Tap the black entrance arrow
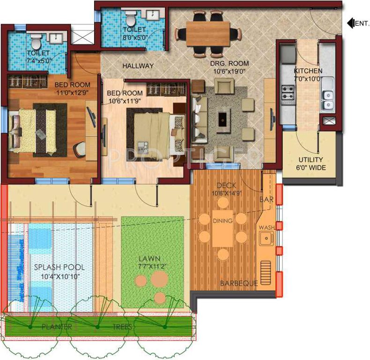(x=350, y=22)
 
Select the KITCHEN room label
(x=308, y=71)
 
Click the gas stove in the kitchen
(x=287, y=93)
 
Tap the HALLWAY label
(x=138, y=66)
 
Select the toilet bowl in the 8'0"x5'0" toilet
(x=131, y=18)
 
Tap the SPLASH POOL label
(x=59, y=267)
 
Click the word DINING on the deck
(x=222, y=221)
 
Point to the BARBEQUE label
(x=239, y=283)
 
